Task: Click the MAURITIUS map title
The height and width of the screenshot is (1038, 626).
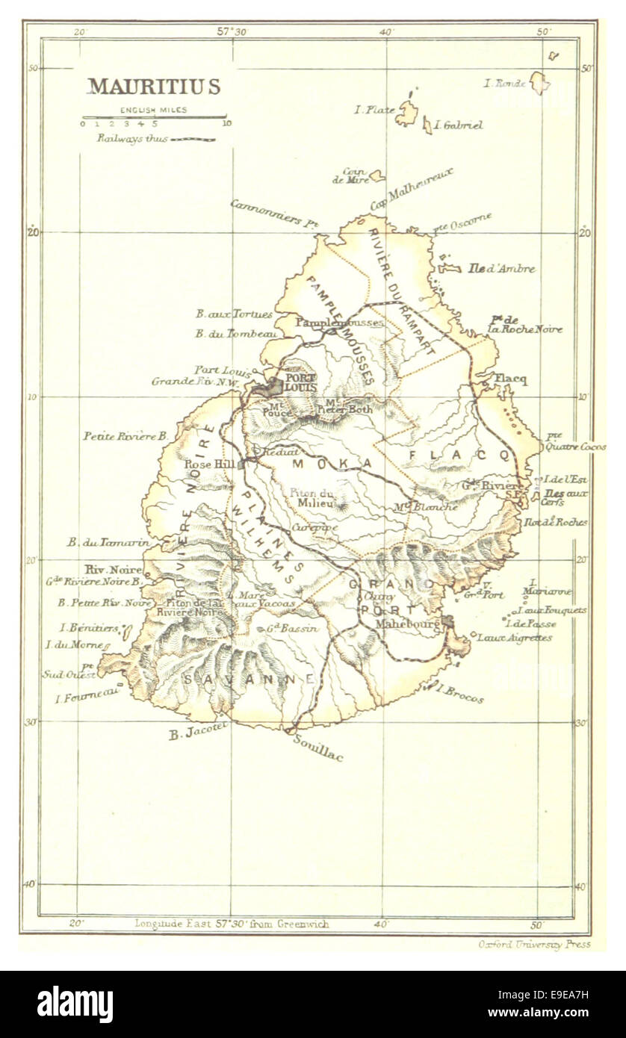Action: click(x=154, y=87)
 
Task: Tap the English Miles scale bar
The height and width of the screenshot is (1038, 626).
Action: click(x=154, y=117)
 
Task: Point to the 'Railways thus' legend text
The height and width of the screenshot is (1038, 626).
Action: click(x=132, y=139)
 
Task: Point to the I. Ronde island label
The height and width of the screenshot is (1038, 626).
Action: click(x=505, y=84)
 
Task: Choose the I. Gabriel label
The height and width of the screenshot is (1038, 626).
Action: click(x=458, y=125)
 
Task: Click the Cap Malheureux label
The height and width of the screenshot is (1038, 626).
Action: click(x=412, y=188)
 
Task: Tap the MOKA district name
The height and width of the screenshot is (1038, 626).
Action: click(x=332, y=464)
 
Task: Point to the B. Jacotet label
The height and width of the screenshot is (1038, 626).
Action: click(x=197, y=734)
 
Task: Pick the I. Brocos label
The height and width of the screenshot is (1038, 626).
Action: click(x=459, y=694)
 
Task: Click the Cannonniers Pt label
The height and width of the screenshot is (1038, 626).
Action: click(x=274, y=213)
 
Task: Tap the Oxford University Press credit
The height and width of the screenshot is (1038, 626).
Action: click(x=534, y=944)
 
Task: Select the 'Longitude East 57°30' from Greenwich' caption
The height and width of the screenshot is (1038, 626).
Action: click(x=232, y=924)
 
